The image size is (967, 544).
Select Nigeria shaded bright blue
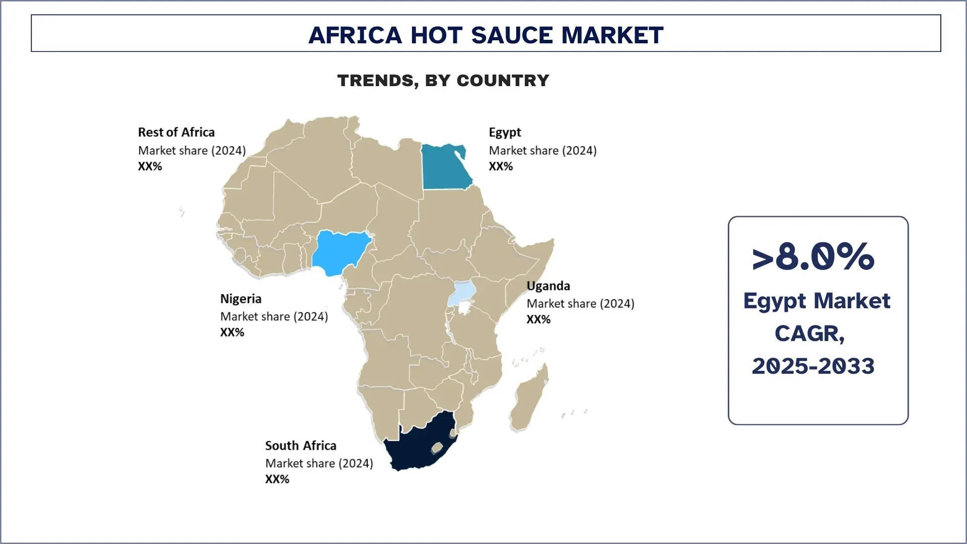pyautogui.click(x=340, y=252)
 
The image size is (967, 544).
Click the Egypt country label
pyautogui.click(x=505, y=132)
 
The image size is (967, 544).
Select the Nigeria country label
pyautogui.click(x=241, y=299)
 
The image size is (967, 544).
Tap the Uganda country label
pyautogui.click(x=548, y=286)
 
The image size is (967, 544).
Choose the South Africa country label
pyautogui.click(x=301, y=446)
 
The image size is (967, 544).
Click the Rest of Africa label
pyautogui.click(x=176, y=132)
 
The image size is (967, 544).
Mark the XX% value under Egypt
pyautogui.click(x=501, y=167)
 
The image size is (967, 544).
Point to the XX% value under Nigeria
pyautogui.click(x=232, y=332)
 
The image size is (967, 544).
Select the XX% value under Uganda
pyautogui.click(x=538, y=319)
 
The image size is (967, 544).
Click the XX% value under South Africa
pyautogui.click(x=277, y=480)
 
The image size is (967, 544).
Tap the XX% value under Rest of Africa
pyautogui.click(x=150, y=167)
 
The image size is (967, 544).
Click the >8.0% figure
pyautogui.click(x=813, y=257)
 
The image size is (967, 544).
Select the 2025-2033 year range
pyautogui.click(x=813, y=366)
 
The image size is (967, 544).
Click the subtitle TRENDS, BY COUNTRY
pyautogui.click(x=443, y=81)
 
